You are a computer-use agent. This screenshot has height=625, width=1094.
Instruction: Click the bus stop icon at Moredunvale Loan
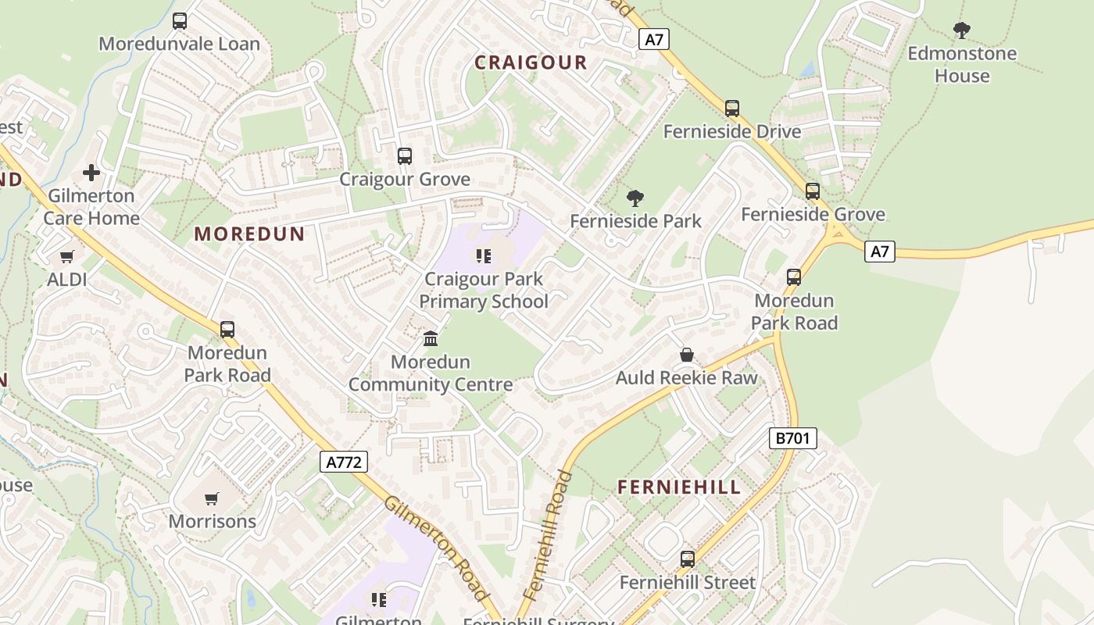(180, 21)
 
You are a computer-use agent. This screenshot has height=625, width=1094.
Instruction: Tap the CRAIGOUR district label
(531, 62)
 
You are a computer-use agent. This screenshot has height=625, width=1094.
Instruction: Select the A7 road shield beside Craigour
(654, 39)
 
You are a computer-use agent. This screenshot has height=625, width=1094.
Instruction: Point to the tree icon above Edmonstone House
(962, 30)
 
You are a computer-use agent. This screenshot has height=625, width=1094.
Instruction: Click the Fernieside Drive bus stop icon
(732, 109)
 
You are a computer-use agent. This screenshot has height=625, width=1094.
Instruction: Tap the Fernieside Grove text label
(813, 214)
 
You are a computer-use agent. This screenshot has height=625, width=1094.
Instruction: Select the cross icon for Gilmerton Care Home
(91, 172)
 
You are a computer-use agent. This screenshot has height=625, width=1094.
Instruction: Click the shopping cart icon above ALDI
(67, 256)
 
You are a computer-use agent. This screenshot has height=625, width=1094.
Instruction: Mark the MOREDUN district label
(249, 234)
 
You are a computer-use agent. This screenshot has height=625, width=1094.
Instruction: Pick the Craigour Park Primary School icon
(484, 255)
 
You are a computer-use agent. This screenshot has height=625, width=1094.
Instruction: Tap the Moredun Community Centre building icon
(431, 338)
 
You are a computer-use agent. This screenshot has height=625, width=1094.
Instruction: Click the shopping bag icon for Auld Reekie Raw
(687, 355)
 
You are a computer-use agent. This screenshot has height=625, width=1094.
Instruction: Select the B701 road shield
(793, 438)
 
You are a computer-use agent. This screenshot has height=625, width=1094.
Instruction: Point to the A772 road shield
(344, 462)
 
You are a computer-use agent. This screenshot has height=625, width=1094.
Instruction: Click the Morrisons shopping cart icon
(212, 498)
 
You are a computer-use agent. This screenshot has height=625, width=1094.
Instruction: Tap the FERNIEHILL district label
(678, 487)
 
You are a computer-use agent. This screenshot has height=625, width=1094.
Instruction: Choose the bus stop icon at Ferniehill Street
(688, 559)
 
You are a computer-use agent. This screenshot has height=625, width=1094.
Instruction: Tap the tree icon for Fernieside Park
(635, 198)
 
